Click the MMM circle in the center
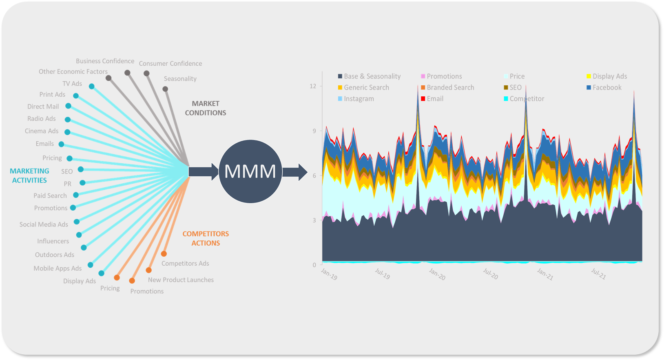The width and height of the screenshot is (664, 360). coord(250,171)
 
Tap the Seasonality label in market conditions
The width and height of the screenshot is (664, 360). coord(180,79)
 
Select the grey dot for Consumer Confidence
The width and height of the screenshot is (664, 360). coord(146,73)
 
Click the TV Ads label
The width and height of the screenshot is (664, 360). coord(72,84)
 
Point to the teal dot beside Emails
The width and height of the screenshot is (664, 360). coord(61,144)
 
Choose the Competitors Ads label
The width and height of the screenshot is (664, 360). coord(185,264)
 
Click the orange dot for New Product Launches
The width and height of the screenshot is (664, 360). coord(149,270)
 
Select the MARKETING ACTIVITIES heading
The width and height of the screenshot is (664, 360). coord(29,176)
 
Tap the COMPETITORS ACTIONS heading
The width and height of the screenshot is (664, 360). coord(206,238)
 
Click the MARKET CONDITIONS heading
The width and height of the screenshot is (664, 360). coord(206,108)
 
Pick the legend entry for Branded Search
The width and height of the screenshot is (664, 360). coord(450,88)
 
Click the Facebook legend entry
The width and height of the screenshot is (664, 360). coord(606,88)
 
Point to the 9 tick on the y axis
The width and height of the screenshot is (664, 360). coord(314,131)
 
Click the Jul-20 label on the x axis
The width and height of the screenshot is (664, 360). coord(491,274)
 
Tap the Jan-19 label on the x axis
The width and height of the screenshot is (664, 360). coord(329,274)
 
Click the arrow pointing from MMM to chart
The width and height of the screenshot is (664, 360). coord(294,172)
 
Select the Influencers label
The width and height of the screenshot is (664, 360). coord(53,241)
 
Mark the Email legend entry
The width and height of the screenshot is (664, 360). coord(435,99)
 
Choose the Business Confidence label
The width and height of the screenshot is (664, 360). coord(105,61)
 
